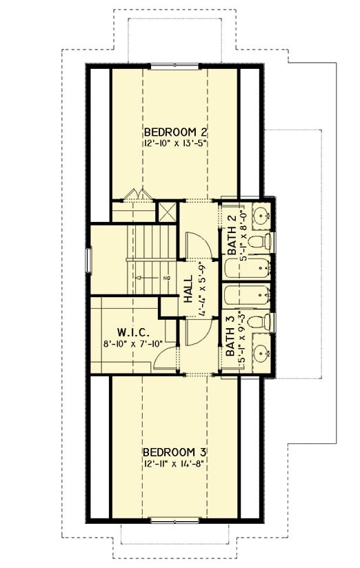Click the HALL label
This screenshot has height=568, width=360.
[x=187, y=287]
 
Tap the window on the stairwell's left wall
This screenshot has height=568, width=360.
[x=88, y=261]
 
